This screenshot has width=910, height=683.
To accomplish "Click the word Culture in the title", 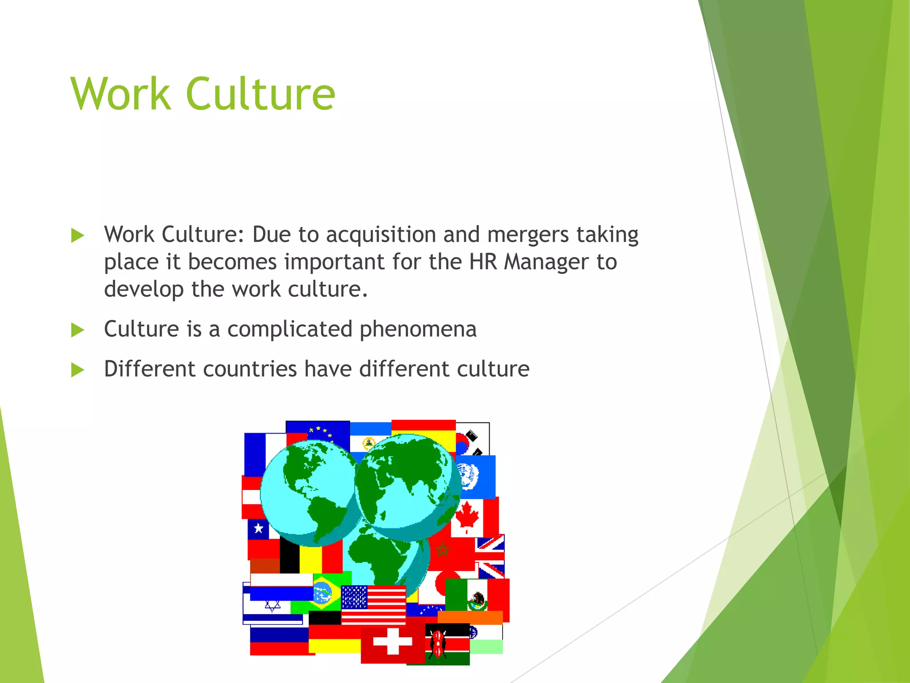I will [260, 94].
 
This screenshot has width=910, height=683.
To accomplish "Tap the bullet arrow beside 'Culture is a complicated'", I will [78, 330].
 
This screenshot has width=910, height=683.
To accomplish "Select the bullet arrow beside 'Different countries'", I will [78, 370].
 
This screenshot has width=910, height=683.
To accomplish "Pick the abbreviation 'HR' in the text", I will [483, 261].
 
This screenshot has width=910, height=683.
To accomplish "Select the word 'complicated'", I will [290, 329].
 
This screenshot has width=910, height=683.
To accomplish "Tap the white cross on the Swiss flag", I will [392, 641].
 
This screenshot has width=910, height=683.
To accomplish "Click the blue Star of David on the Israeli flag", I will [272, 605].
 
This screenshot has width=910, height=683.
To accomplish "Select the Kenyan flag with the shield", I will [447, 644].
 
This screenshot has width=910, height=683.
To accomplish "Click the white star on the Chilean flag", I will [258, 529].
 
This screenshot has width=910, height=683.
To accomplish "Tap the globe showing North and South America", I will [309, 491].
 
